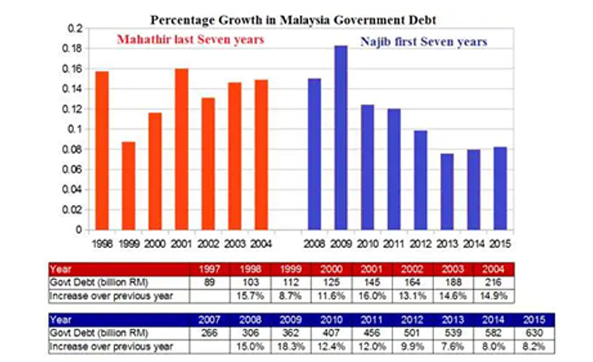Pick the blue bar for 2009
tap(340, 138)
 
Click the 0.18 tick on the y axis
tap(74, 48)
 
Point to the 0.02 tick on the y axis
tap(74, 210)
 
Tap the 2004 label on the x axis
tap(261, 244)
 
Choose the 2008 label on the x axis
tap(314, 244)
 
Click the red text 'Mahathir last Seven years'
tap(190, 40)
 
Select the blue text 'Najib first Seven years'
tap(424, 42)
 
